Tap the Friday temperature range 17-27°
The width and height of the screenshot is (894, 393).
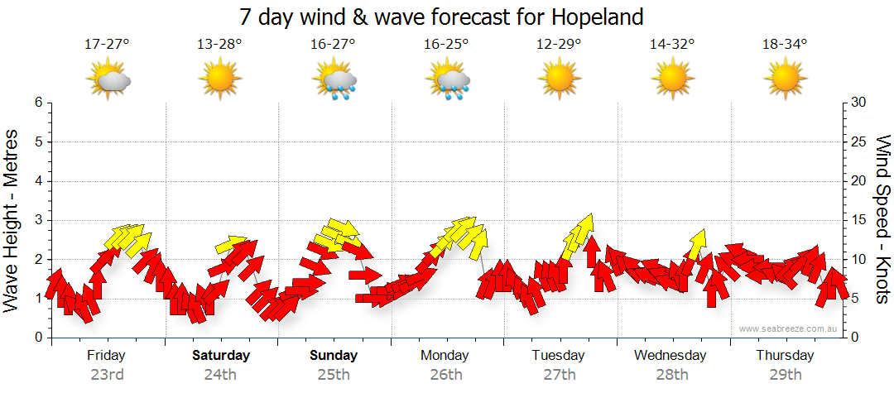pos(107,45)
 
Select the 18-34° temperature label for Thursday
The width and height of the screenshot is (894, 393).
pos(785,45)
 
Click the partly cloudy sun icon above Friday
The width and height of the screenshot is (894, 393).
pos(108,79)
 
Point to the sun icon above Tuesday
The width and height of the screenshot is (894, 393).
pos(559,79)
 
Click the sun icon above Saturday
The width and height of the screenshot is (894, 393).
pos(220,79)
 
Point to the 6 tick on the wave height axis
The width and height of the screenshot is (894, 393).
pos(38,103)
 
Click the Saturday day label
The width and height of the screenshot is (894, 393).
pos(221,356)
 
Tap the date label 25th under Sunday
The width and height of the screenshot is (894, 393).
pos(334,374)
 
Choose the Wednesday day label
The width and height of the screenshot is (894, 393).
pos(670,356)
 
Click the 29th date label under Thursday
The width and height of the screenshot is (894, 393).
pos(785,374)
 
